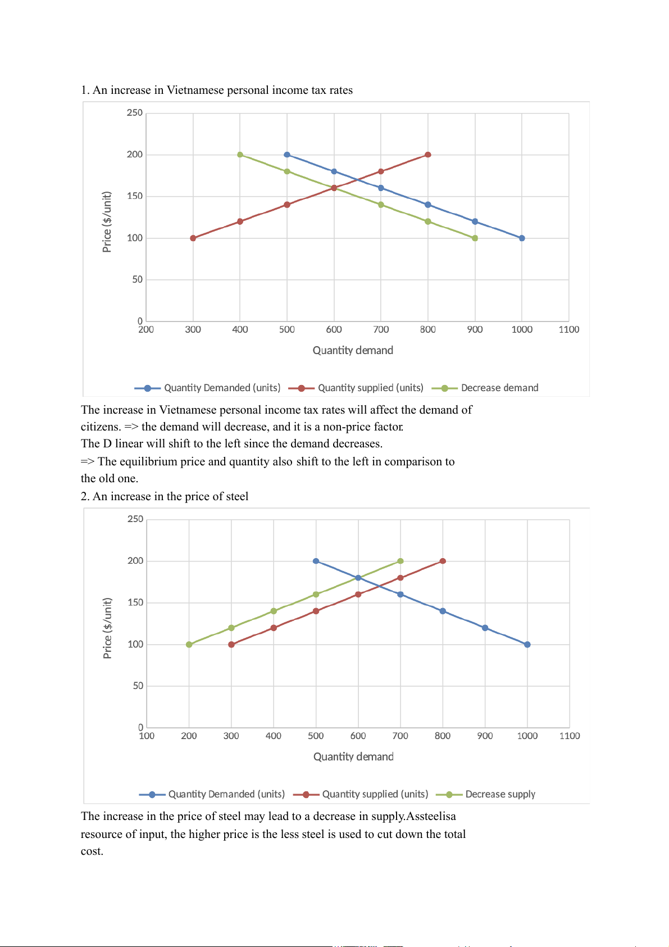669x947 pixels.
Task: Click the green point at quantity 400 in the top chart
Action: coord(240,155)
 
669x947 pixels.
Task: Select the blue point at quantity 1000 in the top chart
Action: coord(522,238)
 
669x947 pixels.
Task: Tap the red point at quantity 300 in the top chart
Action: coord(193,238)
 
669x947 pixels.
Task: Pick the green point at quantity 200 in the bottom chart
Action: coord(189,645)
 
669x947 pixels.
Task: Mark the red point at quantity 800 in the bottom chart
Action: coord(443,561)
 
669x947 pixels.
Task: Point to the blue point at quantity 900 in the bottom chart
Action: coord(485,628)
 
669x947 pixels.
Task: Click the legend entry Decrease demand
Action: coord(499,388)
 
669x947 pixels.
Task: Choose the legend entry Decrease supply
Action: coord(500,794)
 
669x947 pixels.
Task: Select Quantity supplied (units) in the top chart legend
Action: coord(370,388)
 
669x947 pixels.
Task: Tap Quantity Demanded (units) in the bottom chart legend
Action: coord(226,794)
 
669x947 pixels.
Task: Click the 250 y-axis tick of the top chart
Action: coord(135,112)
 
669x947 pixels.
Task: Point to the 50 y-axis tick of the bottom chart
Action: coord(138,686)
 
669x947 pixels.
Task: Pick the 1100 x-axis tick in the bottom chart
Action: coord(570,736)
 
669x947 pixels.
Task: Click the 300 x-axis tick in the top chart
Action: coord(193,329)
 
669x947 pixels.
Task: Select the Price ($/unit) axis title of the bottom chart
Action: coord(107,628)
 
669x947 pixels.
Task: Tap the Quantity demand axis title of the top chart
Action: coord(353,350)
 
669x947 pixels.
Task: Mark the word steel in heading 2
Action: coord(236,496)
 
